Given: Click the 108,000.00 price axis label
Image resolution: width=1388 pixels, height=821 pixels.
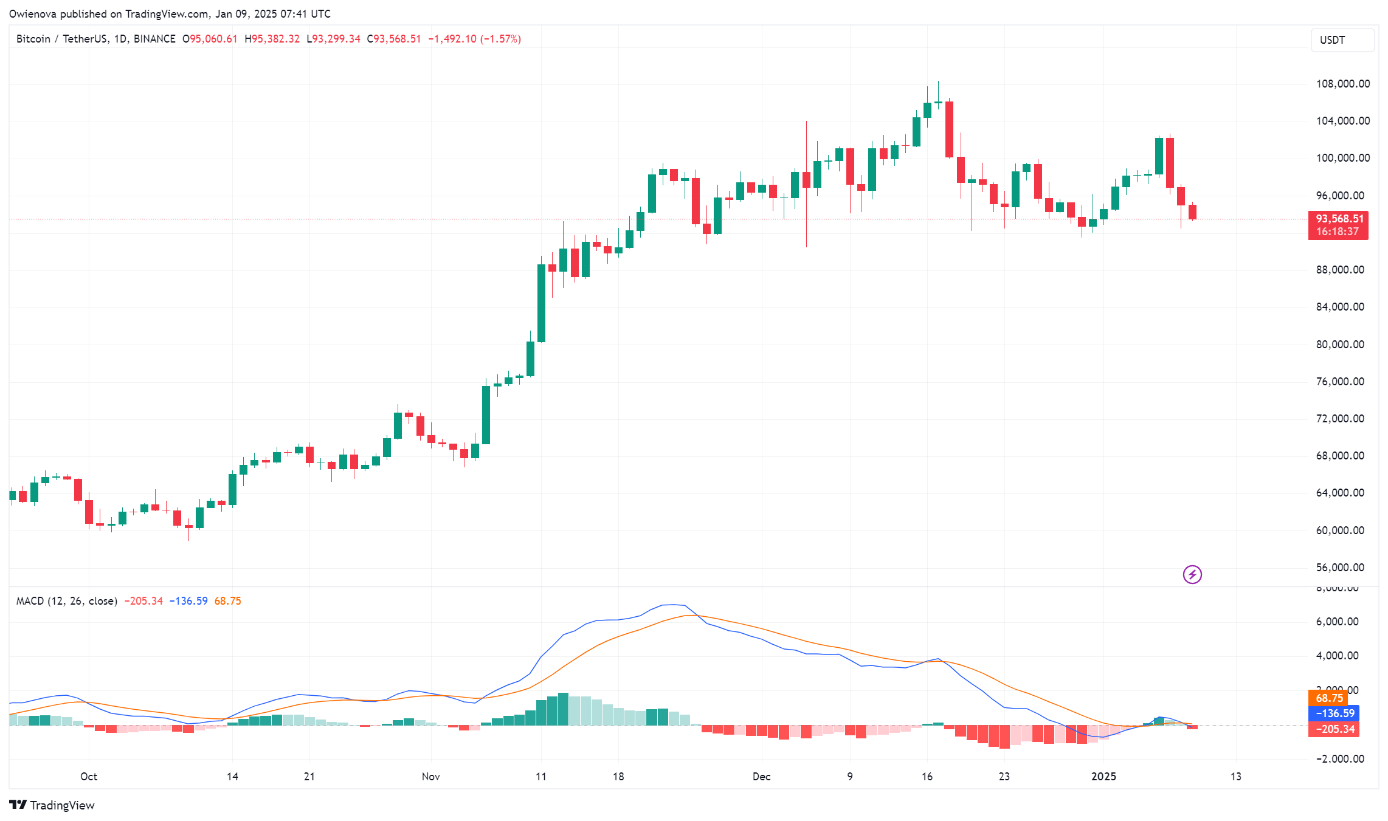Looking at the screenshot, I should [1342, 84].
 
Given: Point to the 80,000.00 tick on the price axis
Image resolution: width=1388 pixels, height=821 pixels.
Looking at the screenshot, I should [1340, 345].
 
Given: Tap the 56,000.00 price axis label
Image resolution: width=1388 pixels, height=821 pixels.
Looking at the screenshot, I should [1340, 568].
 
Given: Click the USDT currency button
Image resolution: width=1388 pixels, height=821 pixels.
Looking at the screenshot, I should [1342, 40].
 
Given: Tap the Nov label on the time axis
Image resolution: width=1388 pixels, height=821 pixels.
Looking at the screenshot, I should [430, 777].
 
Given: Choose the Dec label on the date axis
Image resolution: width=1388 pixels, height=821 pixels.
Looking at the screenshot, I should [761, 777].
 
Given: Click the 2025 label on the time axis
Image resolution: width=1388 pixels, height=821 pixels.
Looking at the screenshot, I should [1103, 777].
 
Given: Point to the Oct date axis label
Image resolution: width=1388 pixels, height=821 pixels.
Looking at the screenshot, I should [89, 777].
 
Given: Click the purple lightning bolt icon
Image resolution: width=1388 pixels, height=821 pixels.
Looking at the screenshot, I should [1192, 574].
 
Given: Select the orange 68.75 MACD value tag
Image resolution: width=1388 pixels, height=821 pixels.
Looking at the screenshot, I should [1329, 698].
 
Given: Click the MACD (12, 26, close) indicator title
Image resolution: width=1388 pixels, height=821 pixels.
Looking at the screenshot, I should [66, 601].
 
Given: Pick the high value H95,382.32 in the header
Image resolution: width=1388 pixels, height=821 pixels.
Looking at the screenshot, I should [272, 39].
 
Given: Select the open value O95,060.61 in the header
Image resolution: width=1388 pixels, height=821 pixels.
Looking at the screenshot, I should [210, 39].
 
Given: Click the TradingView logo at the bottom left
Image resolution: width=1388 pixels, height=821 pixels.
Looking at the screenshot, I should [52, 805].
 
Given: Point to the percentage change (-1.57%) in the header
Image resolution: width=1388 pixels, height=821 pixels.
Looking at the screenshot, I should [500, 39].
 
